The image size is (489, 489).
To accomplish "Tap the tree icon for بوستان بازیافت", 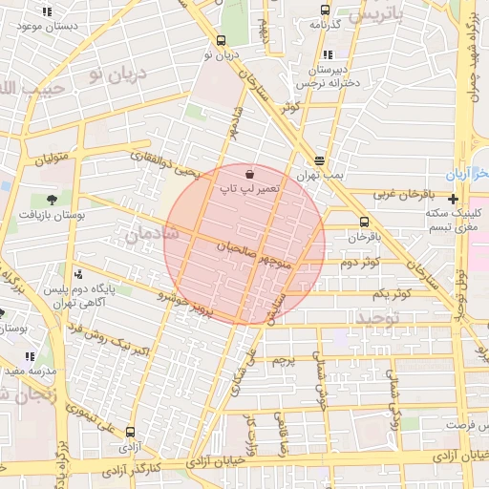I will click(51, 200).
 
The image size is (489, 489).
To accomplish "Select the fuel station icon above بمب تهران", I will click(318, 161).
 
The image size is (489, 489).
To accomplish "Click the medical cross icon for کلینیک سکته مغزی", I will click(453, 199).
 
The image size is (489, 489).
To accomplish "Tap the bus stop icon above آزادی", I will click(130, 431).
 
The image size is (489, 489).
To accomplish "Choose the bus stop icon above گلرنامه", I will click(326, 11).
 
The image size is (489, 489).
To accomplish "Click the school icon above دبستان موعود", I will click(47, 12).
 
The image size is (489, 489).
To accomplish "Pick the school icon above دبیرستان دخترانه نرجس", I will click(328, 53).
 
